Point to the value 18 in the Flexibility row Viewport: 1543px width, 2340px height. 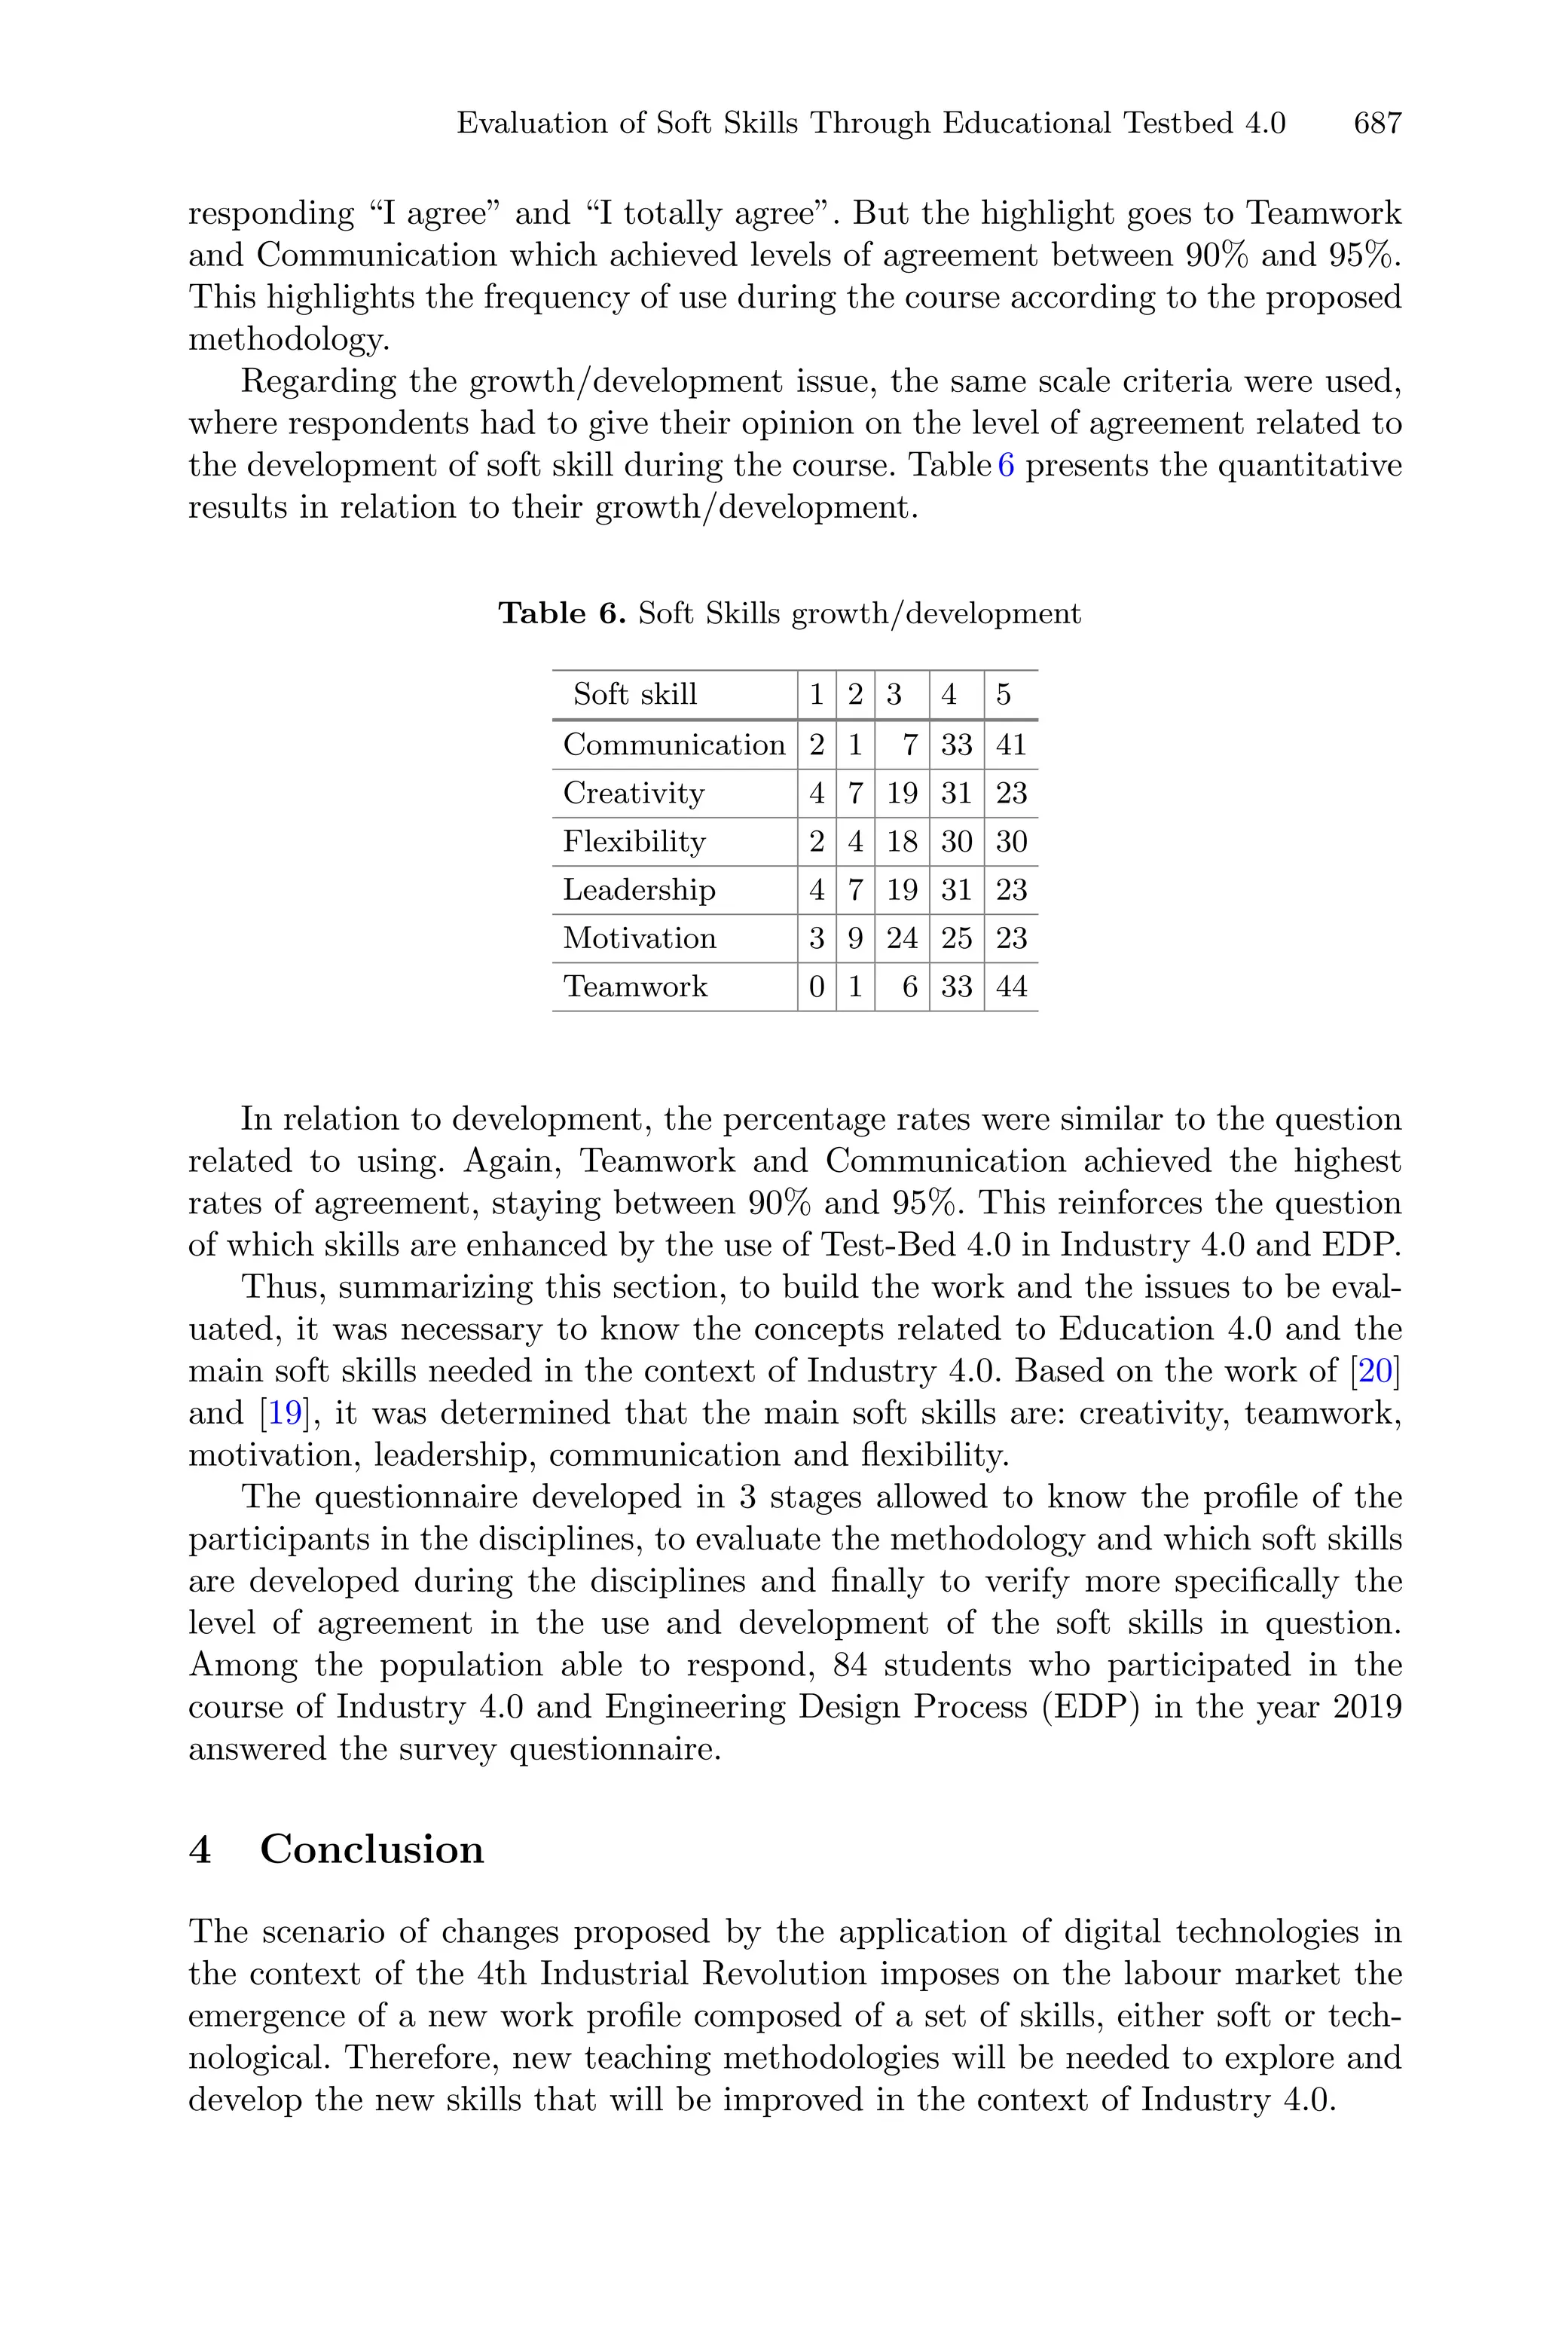click(901, 841)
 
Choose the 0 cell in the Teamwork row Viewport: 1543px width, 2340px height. click(816, 987)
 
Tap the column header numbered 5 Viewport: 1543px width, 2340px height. click(1003, 695)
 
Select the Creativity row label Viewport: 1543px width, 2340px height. click(634, 793)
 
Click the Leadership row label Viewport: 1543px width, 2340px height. click(639, 889)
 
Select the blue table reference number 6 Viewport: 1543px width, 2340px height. click(1006, 466)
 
